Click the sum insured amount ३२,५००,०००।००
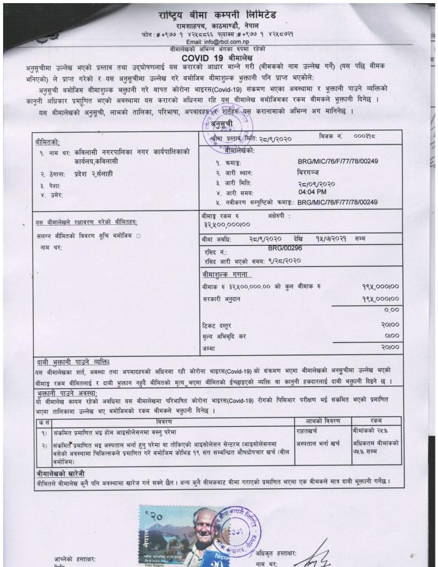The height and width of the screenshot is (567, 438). click(226, 224)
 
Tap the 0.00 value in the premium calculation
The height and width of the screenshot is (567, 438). click(391, 309)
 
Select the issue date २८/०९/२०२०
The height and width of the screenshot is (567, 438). click(317, 183)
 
